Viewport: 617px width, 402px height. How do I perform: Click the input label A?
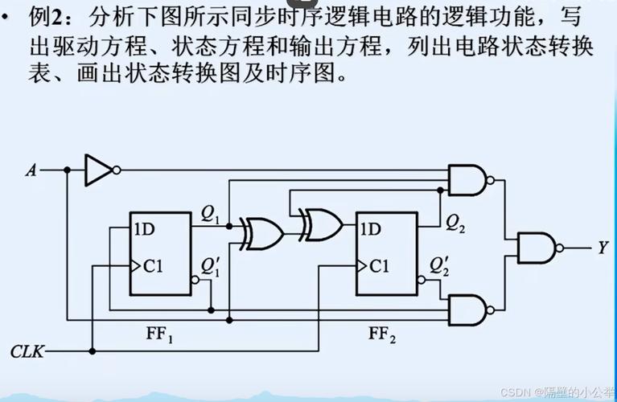tap(31, 170)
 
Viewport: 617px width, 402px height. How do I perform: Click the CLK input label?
tap(27, 351)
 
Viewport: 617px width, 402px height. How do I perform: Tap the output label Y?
tap(601, 248)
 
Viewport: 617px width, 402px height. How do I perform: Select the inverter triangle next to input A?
tap(99, 170)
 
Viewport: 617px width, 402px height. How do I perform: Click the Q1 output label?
tap(211, 214)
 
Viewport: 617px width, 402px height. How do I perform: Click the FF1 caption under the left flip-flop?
tap(160, 334)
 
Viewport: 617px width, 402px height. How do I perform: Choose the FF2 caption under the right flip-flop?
tap(382, 334)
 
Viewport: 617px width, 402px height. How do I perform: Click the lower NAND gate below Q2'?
tap(468, 310)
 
